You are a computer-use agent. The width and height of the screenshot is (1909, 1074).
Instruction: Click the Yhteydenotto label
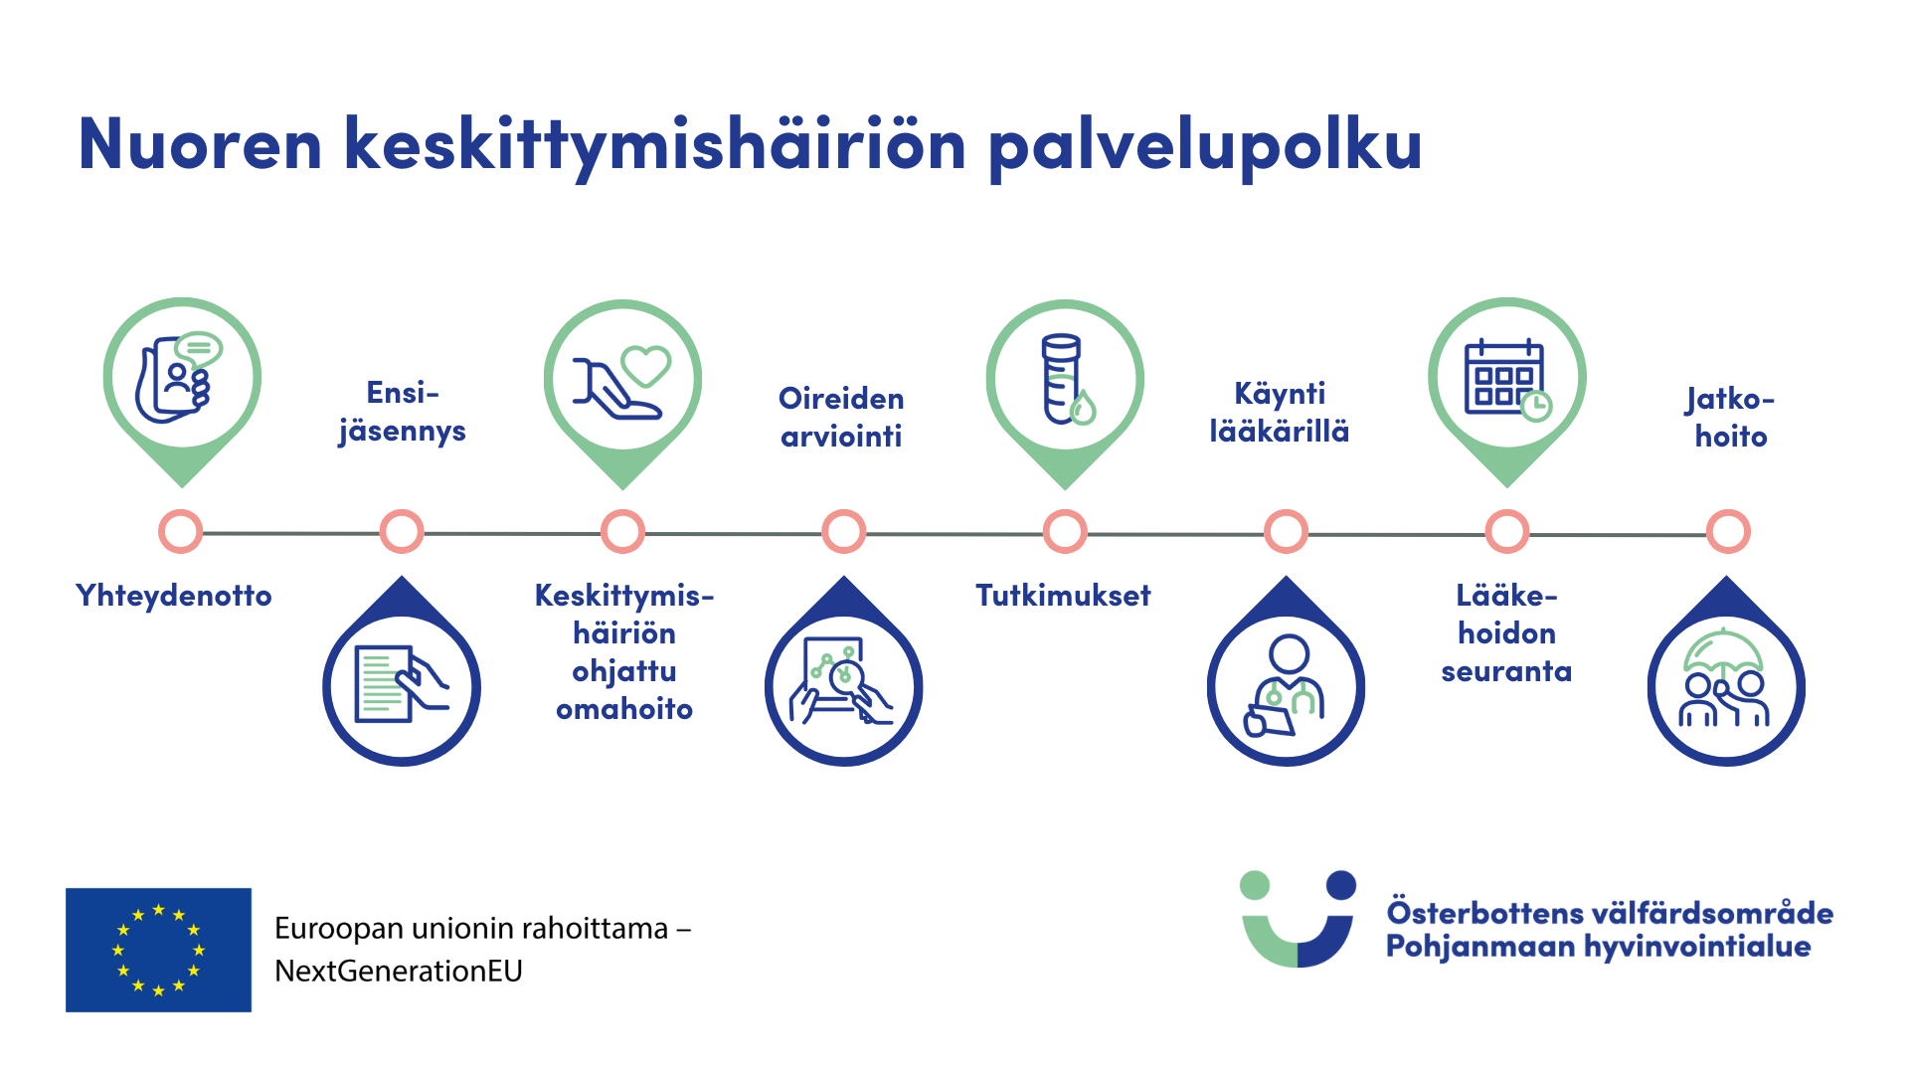174,596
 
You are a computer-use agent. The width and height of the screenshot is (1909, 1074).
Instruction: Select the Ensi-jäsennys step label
402,412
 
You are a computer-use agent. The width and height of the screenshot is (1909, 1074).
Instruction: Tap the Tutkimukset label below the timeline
1063,596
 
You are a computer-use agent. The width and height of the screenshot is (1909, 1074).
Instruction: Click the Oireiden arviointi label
841,418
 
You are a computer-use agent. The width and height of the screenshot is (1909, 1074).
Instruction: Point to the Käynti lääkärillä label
1280,412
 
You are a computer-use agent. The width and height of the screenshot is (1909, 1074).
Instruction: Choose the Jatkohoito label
1730,418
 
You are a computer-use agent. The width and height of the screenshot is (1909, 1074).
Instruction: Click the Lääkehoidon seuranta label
1506,633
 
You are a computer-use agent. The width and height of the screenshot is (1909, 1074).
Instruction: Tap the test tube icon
1065,379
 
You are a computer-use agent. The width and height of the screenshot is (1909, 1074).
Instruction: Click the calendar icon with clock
1506,379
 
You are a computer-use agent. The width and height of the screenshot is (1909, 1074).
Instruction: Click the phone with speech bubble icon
181,379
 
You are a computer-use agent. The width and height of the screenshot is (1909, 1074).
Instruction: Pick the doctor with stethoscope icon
1286,686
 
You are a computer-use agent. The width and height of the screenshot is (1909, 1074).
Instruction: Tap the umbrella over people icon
1725,681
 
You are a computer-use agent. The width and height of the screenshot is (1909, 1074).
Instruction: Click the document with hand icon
402,686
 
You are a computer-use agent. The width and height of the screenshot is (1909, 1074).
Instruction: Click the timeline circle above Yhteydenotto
180,532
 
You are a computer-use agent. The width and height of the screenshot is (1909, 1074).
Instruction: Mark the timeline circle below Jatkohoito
1728,532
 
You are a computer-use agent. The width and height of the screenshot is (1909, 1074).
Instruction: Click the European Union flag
158,950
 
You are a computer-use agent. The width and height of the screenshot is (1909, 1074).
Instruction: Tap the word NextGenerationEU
398,972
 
